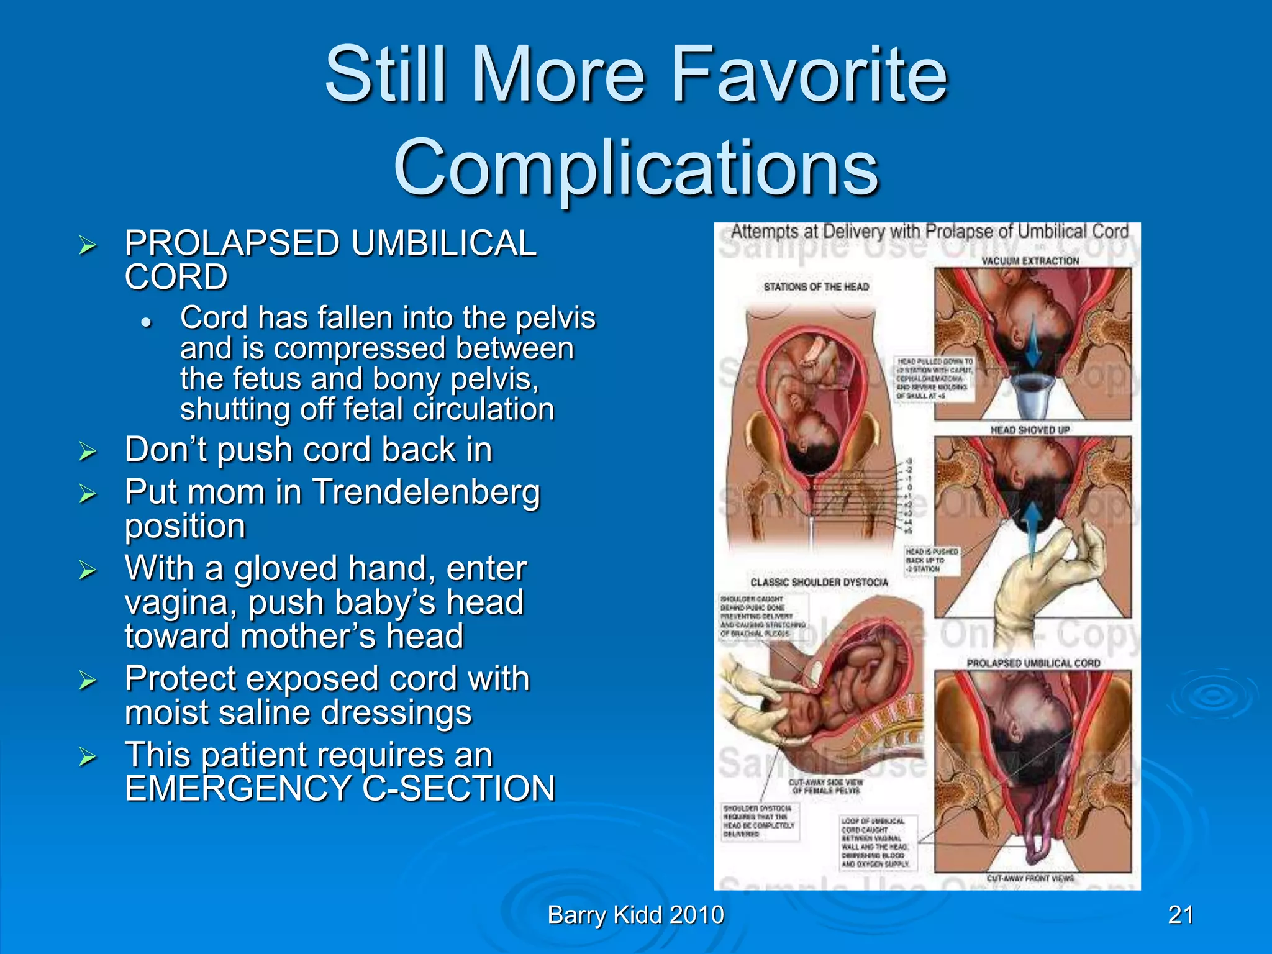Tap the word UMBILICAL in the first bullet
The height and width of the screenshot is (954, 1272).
443,243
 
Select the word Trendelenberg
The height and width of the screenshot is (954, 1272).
426,493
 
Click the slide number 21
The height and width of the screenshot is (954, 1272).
1181,915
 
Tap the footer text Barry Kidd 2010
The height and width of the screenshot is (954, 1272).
636,915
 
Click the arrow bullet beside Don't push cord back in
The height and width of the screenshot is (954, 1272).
88,452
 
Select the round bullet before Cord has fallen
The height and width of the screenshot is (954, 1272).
147,322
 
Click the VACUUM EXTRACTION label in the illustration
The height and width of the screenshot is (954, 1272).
1030,261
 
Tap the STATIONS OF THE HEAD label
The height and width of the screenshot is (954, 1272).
816,287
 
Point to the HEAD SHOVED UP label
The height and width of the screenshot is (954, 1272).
1030,430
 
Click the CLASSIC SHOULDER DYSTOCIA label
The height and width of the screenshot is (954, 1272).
819,583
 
